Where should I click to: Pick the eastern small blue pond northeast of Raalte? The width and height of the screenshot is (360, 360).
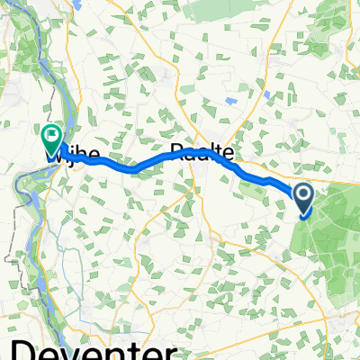click(266, 94)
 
